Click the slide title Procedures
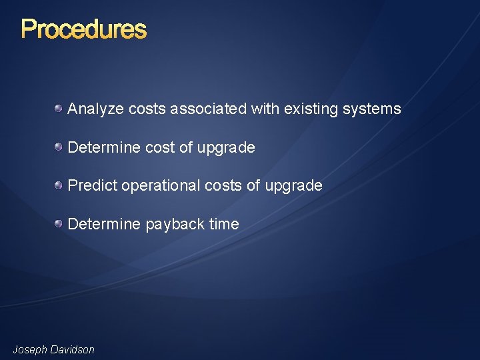pos(83,29)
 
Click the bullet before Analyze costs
pos(59,108)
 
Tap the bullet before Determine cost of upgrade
pos(59,147)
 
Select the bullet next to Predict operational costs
pos(59,185)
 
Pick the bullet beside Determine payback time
pos(59,223)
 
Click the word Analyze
pos(93,109)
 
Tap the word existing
pos(310,109)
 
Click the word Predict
pos(92,185)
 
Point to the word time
pos(224,224)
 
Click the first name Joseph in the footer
pos(31,349)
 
